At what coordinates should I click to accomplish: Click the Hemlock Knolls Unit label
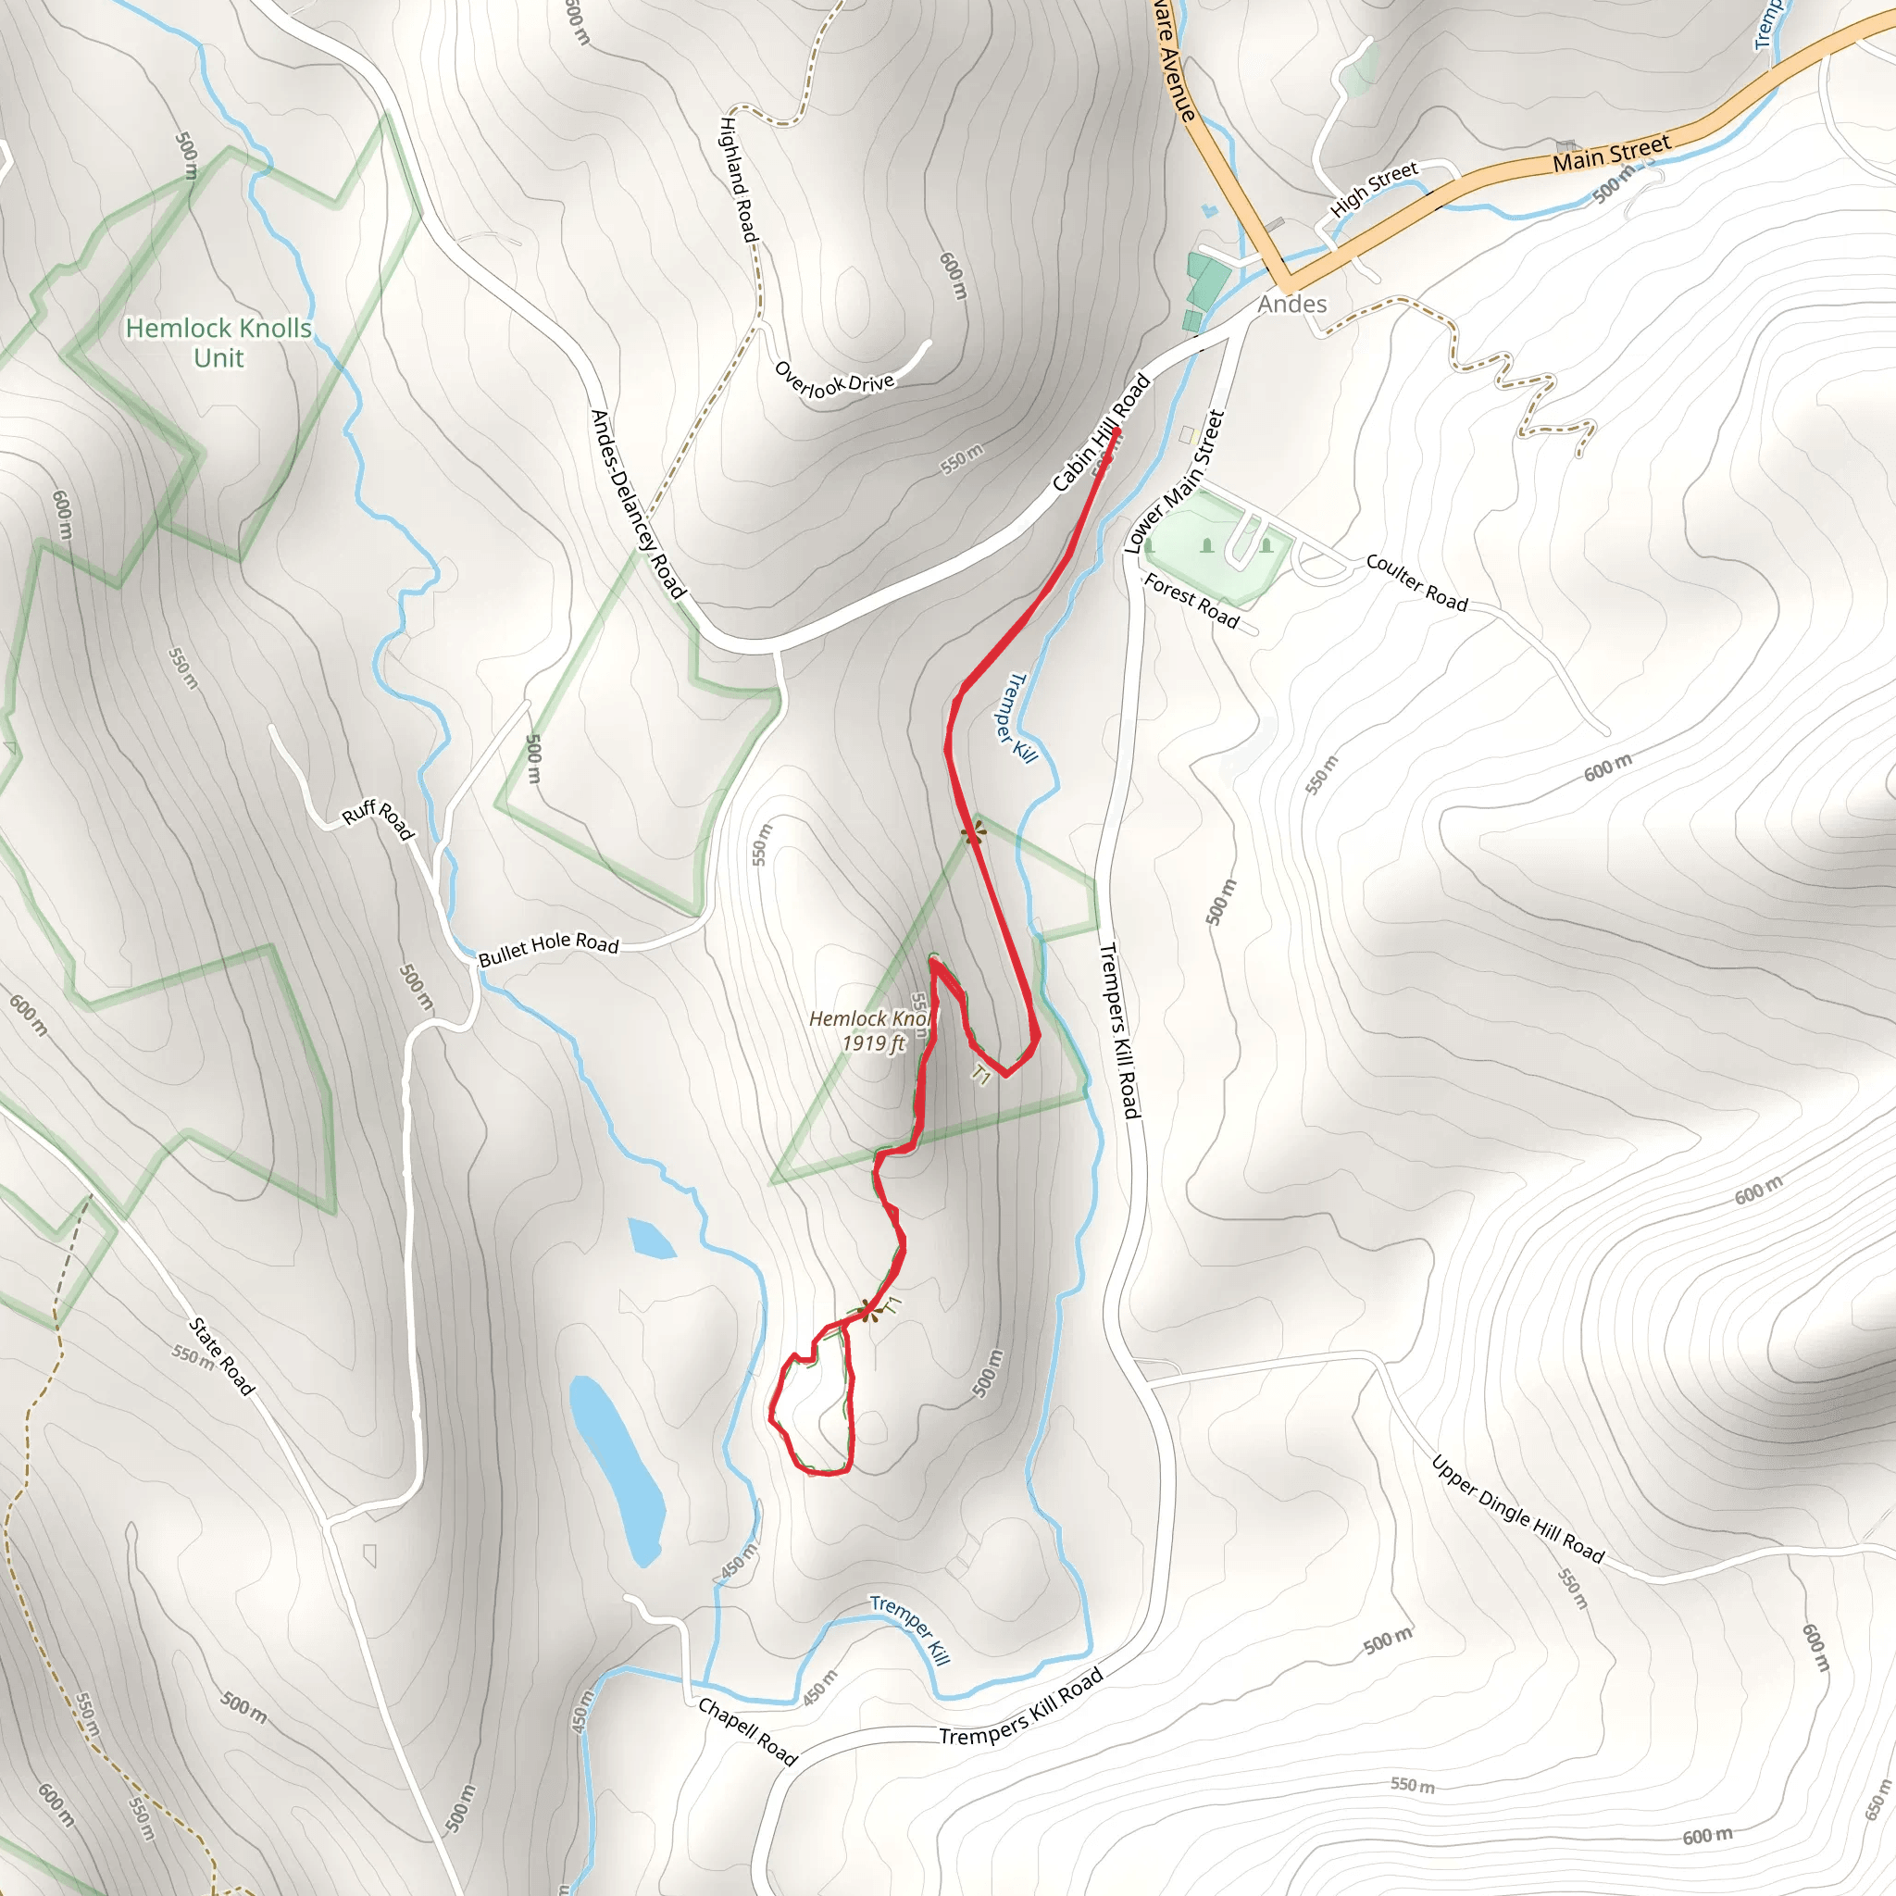tap(218, 343)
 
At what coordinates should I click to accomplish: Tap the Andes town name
tap(1291, 305)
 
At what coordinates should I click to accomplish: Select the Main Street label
tap(1611, 154)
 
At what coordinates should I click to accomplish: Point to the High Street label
tap(1373, 189)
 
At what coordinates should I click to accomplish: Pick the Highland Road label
tap(739, 180)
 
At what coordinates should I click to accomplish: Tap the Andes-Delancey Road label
tap(637, 504)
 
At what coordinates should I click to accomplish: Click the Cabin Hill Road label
tap(1100, 431)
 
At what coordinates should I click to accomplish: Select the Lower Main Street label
tap(1175, 481)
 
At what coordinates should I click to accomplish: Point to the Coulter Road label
tap(1416, 583)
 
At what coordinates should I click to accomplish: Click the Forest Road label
tap(1191, 601)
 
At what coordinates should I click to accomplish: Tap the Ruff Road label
tap(378, 819)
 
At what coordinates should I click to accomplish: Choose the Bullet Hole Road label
tap(549, 948)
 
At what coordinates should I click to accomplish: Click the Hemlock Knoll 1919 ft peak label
tap(870, 1030)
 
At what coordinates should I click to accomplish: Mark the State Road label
tap(222, 1356)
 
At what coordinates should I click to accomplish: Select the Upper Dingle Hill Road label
tap(1517, 1509)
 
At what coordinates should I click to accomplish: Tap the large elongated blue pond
tap(617, 1468)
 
